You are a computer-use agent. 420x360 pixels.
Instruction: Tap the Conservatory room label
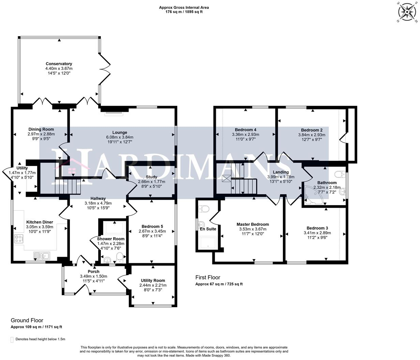coord(59,64)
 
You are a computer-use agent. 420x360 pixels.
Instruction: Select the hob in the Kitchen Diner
coord(18,238)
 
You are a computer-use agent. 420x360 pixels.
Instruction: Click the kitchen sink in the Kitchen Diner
coord(42,256)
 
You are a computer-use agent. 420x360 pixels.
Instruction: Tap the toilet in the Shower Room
coord(119,257)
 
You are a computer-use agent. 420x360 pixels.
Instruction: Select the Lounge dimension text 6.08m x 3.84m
coord(120,137)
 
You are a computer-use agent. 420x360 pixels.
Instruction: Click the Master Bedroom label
coord(253,224)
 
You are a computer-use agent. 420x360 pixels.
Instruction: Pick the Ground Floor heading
coord(27,320)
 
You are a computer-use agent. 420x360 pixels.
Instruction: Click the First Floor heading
coord(208,277)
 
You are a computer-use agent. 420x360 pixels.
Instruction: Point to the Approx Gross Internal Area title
coord(184,7)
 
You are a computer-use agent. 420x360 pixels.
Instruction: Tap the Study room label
coord(151,177)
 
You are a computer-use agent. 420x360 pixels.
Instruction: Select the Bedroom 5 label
coord(152,226)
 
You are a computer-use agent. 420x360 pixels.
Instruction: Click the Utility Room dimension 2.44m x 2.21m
coord(153,285)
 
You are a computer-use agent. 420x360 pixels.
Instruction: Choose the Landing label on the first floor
coord(281,172)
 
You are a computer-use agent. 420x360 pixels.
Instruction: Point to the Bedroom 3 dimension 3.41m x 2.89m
coord(317,233)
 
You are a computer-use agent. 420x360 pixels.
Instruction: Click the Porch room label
coord(93,271)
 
